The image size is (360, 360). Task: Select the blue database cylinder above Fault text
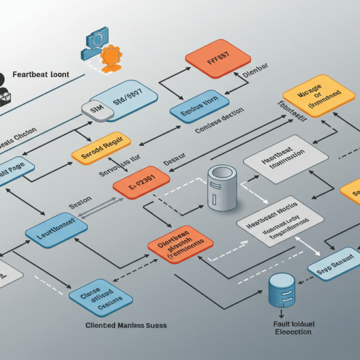pyautogui.click(x=281, y=290)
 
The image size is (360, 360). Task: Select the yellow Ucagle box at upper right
pyautogui.click(x=318, y=95)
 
